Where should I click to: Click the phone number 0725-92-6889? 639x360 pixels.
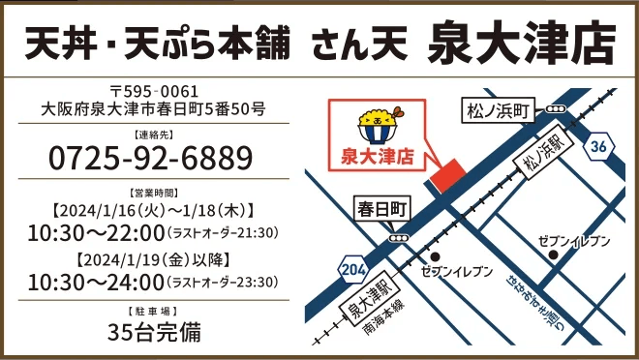pos(150,157)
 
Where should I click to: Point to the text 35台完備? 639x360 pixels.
pos(153,332)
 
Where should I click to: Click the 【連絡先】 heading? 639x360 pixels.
pos(153,134)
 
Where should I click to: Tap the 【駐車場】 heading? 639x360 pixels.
pos(153,311)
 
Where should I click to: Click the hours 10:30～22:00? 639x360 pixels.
pos(96,232)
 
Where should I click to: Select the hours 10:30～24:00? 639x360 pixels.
pos(96,283)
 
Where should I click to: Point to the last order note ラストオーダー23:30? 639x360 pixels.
pos(224,284)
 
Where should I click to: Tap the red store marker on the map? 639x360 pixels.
pos(446,177)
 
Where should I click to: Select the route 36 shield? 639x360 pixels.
pos(599,146)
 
